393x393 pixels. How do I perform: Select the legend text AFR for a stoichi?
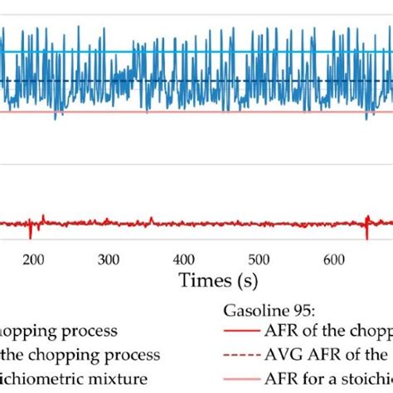tap(332, 378)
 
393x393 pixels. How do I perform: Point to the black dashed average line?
tap(207, 80)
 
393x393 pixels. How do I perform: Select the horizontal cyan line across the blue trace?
tap(207, 51)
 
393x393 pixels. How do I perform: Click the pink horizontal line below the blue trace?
tap(207, 113)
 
